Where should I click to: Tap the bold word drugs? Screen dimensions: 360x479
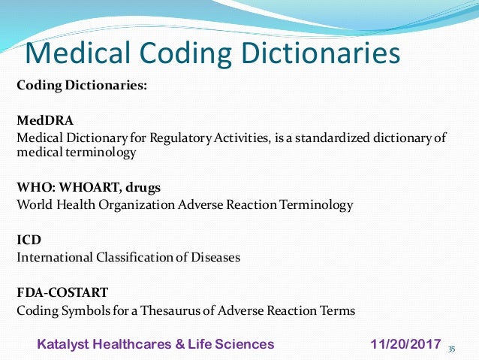point(141,187)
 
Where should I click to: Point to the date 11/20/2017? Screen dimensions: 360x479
point(405,344)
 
